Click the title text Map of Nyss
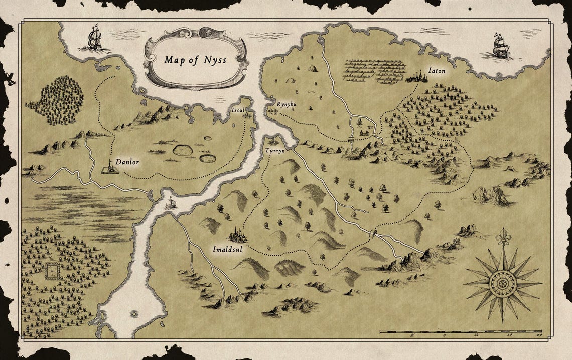coord(195,60)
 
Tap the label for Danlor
coord(127,162)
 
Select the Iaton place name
coord(436,70)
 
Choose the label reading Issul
coord(238,110)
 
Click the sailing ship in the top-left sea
coord(94,38)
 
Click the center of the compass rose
coord(502,283)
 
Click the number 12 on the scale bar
coord(475,335)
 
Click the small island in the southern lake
coord(134,314)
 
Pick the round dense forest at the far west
coord(56,100)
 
